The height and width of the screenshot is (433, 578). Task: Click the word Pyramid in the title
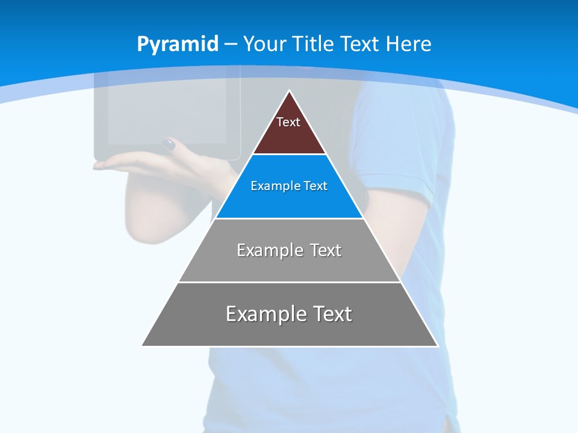click(x=178, y=45)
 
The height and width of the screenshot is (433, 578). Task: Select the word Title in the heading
click(x=315, y=44)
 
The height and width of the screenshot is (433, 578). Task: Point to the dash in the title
click(x=230, y=45)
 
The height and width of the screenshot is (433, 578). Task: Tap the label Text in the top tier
click(x=288, y=122)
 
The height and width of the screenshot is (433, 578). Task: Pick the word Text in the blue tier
click(x=315, y=186)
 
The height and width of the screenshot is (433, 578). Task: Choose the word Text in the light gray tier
click(x=326, y=250)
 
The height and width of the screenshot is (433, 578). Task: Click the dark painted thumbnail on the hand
click(x=169, y=144)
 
